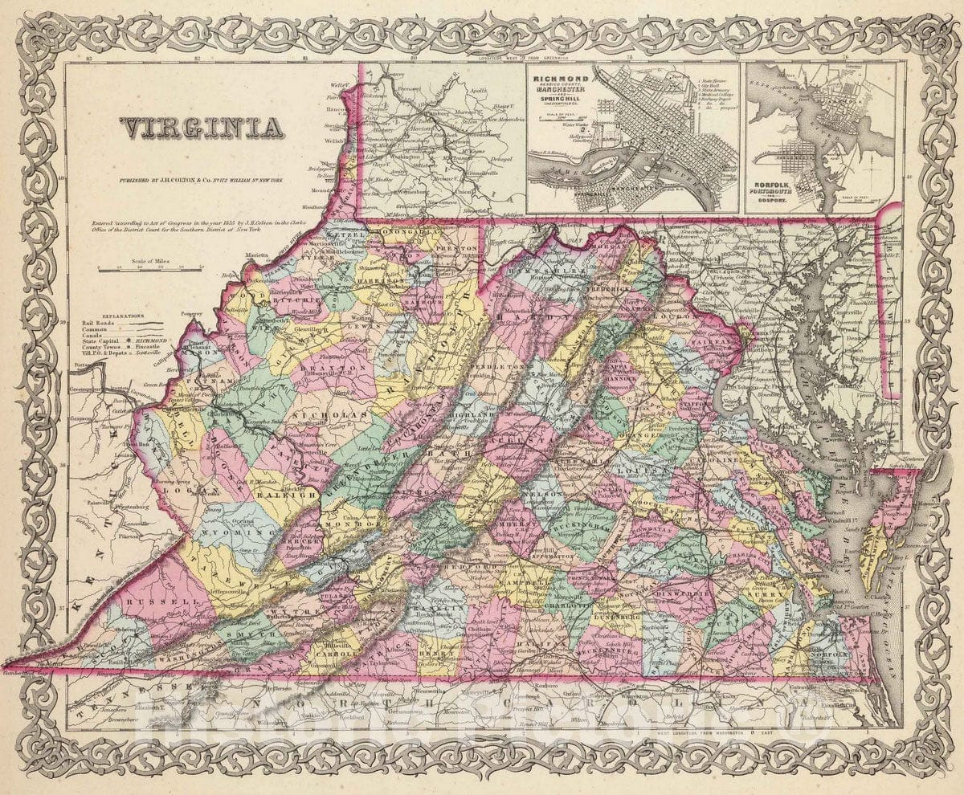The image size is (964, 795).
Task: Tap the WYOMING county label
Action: pyautogui.click(x=233, y=532)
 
